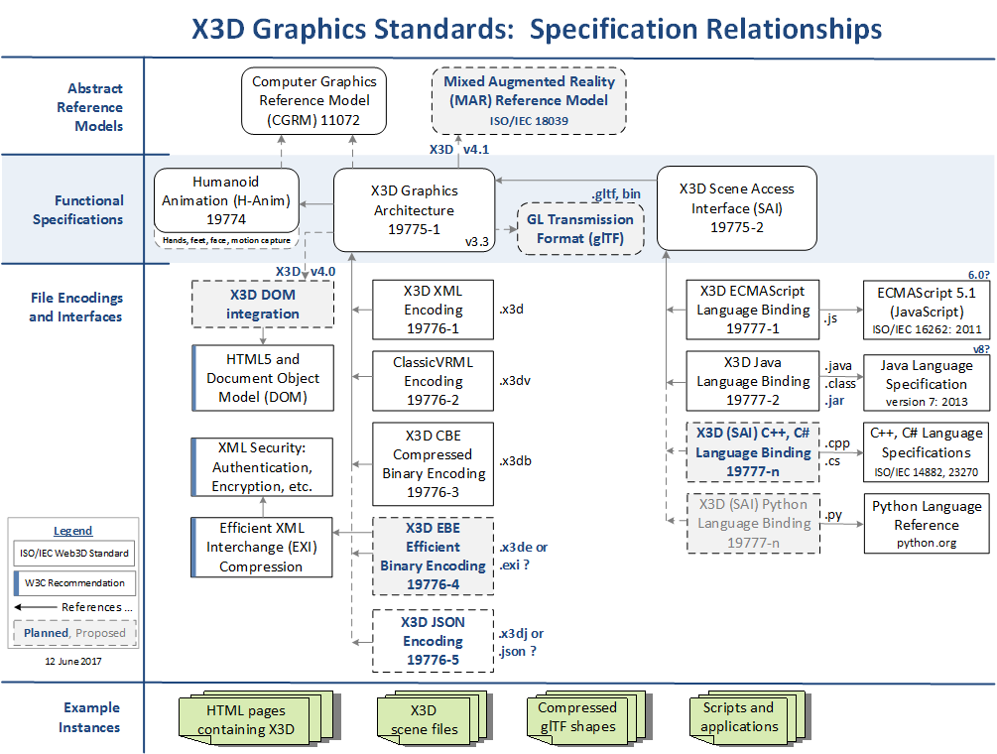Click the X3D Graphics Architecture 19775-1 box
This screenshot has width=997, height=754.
(413, 210)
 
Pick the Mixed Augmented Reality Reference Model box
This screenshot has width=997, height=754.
(530, 99)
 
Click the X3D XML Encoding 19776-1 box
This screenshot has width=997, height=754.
(433, 310)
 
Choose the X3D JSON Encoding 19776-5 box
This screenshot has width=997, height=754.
(433, 641)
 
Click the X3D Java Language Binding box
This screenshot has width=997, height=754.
(753, 381)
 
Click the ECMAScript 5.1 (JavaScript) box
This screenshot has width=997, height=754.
(926, 310)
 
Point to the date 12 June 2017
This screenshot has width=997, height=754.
(72, 660)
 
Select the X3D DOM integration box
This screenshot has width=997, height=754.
(263, 305)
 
